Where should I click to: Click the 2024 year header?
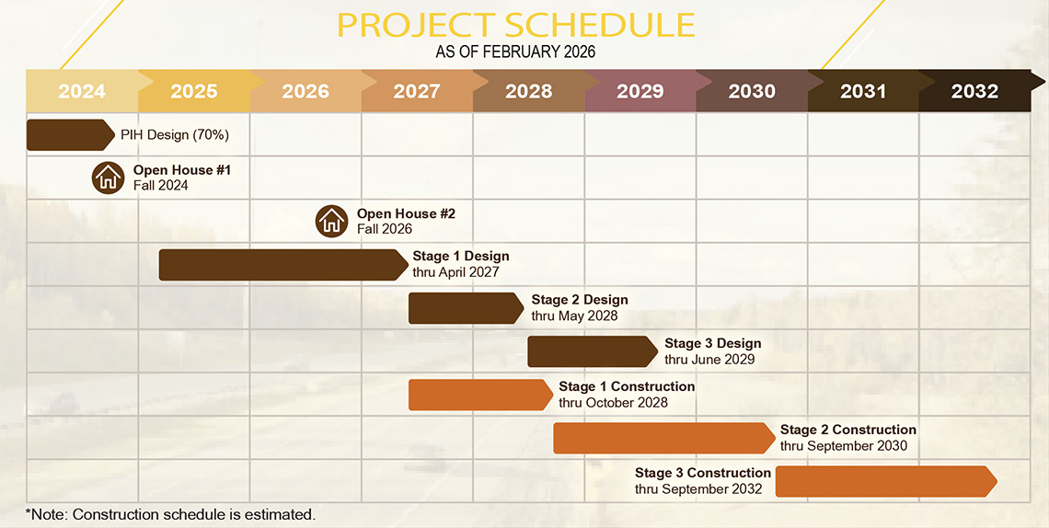point(82,91)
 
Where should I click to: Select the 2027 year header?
point(417,91)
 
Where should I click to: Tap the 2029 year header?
point(640,91)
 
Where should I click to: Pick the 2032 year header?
point(974,91)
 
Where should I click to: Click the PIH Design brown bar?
point(70,135)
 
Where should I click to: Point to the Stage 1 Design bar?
point(283,265)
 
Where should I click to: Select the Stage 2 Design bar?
point(466,308)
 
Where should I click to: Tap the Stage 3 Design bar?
point(592,351)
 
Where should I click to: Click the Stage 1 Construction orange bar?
point(480,395)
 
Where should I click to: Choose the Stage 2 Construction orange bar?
point(663,438)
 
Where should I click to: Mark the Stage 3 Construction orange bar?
point(886,481)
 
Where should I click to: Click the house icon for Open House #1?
point(108,178)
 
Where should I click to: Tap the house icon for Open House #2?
point(331,221)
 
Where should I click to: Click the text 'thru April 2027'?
point(455,272)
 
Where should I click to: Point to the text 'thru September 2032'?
point(698,489)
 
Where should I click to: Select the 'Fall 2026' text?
point(384,229)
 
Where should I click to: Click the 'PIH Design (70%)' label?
point(175,135)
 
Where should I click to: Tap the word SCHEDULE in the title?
point(598,25)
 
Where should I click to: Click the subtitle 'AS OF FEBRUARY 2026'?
point(515,52)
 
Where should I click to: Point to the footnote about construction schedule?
point(170,514)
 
